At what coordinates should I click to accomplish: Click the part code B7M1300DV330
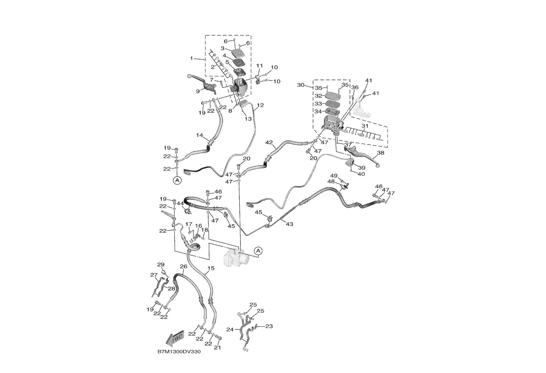coord(179,352)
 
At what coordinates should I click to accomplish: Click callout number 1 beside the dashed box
coord(192,58)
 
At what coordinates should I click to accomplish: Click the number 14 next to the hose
coord(199,135)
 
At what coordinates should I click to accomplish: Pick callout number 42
coord(269,142)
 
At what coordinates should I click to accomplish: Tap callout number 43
coord(289,224)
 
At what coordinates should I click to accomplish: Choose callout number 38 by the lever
coord(381,153)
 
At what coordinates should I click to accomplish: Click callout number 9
coord(198,91)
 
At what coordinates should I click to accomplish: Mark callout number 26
coord(183,266)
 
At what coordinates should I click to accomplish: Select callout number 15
coord(211,268)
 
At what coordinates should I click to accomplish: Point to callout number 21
coord(217,347)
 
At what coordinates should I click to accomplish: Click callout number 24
coord(230,329)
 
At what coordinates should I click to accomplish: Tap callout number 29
coord(160,264)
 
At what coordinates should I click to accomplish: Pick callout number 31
coord(365,126)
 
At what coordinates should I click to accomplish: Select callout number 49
coord(334,176)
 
